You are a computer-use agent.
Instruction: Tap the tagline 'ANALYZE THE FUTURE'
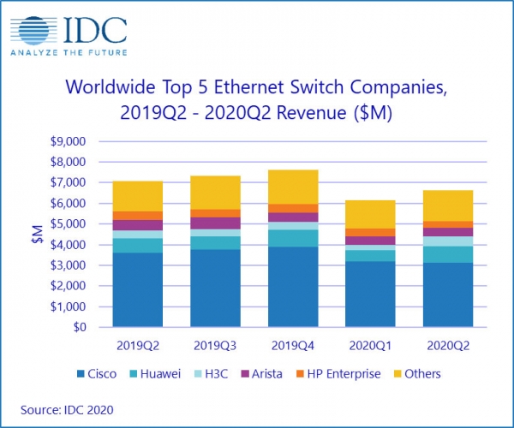tap(69, 53)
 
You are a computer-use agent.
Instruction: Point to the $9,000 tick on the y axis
tap(68, 141)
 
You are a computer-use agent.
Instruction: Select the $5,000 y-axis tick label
tap(68, 224)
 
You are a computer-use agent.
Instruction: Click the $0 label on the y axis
tap(79, 327)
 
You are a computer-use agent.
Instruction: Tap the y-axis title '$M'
tap(38, 235)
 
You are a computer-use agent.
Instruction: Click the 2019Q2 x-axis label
tap(138, 346)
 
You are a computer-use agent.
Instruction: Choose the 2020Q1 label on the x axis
tap(370, 346)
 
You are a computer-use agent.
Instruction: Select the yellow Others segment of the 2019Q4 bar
tap(293, 187)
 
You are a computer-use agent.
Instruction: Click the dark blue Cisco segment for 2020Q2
tap(448, 294)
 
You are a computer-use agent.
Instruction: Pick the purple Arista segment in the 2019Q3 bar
tap(215, 223)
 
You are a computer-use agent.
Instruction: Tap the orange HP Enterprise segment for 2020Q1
tap(370, 233)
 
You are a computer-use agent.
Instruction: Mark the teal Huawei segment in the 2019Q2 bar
tap(138, 246)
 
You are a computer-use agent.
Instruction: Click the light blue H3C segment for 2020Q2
tap(448, 241)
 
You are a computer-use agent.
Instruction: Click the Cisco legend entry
tap(96, 373)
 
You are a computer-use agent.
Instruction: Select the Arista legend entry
tap(261, 373)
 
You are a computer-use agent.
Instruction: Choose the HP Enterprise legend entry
tap(338, 373)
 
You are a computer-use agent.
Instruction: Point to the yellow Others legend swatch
tap(397, 374)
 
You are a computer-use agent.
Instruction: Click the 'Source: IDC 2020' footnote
tap(67, 410)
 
